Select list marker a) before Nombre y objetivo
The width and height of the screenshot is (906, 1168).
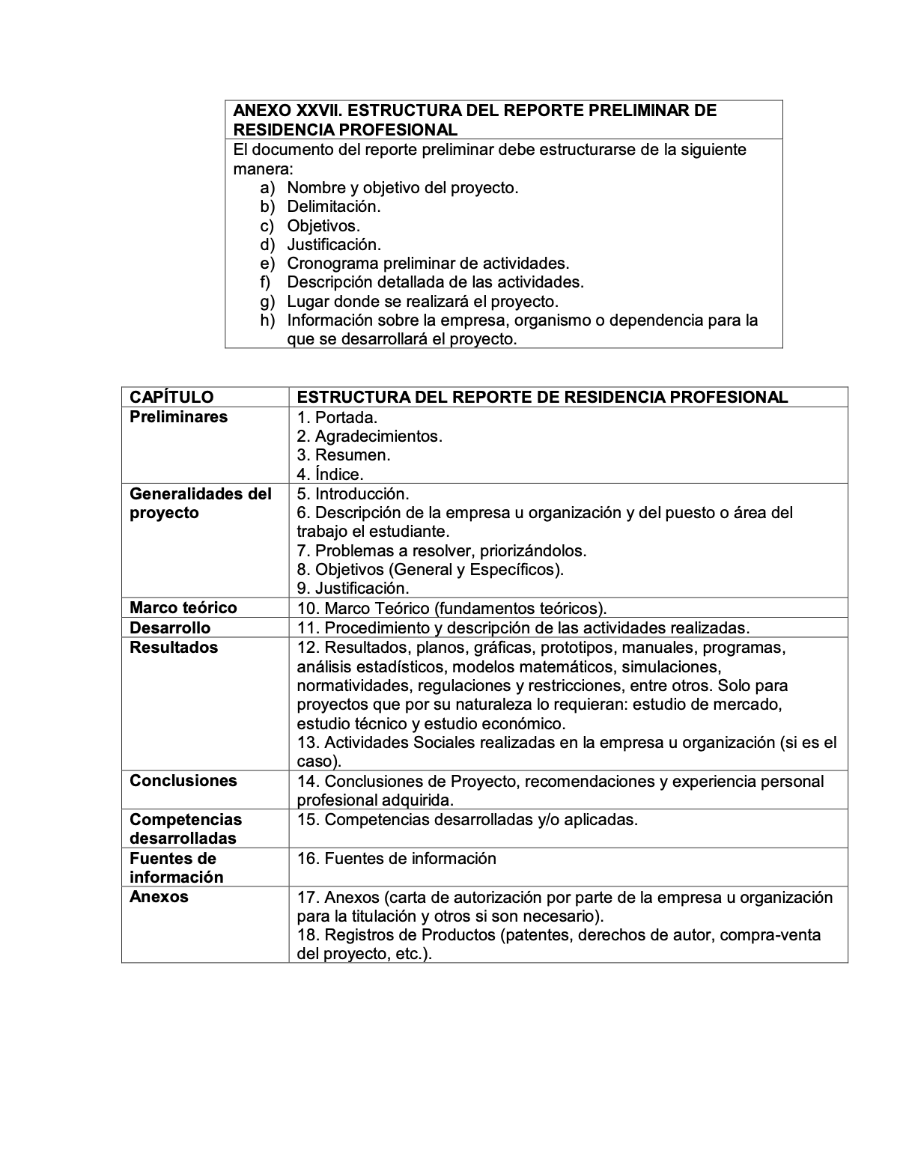click(x=267, y=188)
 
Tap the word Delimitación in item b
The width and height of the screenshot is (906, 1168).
click(x=334, y=207)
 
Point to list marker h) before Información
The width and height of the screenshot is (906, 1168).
click(x=267, y=320)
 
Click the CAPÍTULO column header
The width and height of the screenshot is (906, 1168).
click(x=171, y=398)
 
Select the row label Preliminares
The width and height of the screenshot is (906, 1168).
click(x=178, y=417)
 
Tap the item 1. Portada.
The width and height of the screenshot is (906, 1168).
click(x=337, y=418)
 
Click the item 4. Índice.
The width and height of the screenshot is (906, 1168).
click(x=330, y=475)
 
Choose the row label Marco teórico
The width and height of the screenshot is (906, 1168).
click(x=183, y=608)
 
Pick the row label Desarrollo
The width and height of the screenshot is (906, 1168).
click(x=170, y=627)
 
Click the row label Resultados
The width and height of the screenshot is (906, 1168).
click(x=174, y=648)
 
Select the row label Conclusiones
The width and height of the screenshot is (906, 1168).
click(x=183, y=781)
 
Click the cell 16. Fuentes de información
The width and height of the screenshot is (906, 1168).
click(x=396, y=859)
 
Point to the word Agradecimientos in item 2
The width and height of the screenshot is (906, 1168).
click(x=378, y=437)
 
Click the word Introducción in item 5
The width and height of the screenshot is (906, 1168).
click(x=362, y=494)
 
